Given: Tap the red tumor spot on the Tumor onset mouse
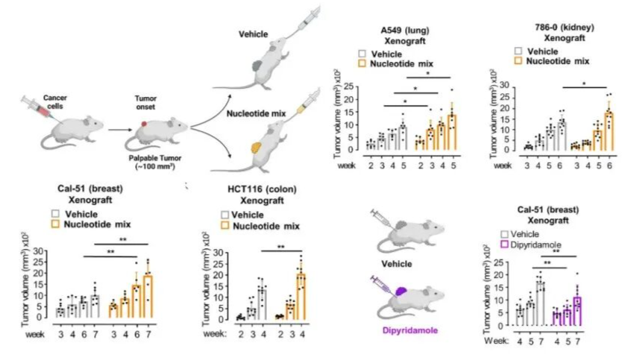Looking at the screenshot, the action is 144,124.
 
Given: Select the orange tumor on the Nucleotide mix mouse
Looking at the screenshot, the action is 256,148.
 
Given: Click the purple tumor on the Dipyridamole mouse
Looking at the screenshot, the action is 401,291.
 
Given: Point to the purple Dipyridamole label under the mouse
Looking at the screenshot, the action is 410,331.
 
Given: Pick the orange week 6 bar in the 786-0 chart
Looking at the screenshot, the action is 609,131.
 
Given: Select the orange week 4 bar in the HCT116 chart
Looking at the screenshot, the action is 301,297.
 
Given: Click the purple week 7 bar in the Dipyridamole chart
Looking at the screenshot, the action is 577,312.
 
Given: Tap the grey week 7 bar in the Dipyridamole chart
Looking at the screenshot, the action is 541,303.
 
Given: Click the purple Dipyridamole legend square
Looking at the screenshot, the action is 504,244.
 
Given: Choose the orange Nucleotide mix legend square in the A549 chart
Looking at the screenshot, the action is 362,63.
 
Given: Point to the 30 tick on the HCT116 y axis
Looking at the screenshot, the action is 219,253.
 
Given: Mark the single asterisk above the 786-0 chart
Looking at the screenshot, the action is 584,84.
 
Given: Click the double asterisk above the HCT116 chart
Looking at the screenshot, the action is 281,247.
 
